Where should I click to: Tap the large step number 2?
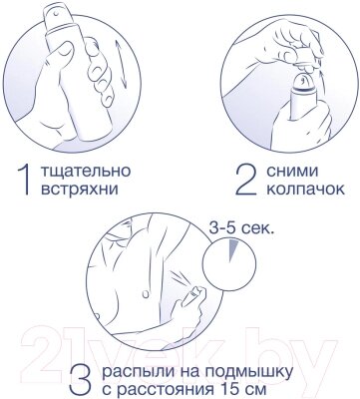pos(246,180)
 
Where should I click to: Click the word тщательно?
pos(86,172)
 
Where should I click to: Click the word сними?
pos(292,172)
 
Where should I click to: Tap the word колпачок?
pos(306,190)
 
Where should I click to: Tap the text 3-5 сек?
pos(241,228)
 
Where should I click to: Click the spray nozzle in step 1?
pos(56,14)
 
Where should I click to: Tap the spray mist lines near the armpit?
pos(181,277)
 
